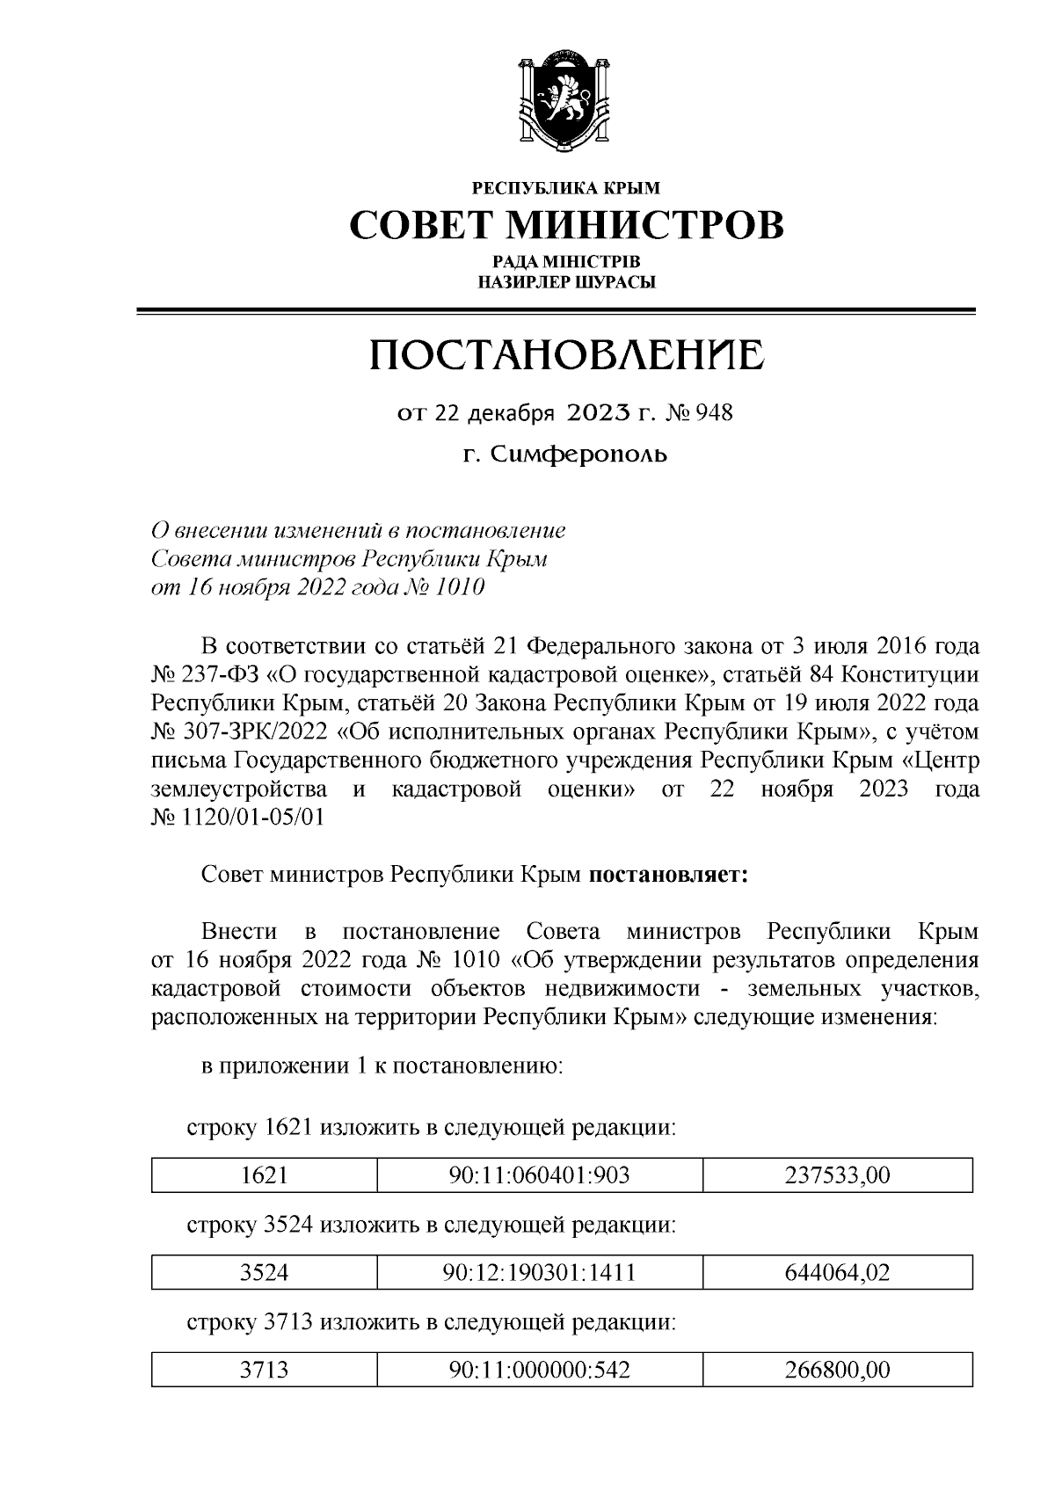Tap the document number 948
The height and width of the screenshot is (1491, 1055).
[714, 412]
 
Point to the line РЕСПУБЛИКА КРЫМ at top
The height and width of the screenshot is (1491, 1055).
[566, 187]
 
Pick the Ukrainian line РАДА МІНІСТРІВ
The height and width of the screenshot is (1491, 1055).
[566, 262]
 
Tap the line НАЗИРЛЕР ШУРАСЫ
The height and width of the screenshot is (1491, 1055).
[566, 282]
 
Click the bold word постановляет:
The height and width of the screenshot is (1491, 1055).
[667, 876]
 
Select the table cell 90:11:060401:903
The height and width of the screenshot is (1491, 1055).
[539, 1175]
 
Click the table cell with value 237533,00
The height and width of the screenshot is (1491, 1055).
[837, 1175]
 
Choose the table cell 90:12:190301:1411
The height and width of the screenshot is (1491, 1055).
[539, 1272]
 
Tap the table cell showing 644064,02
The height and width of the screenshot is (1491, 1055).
[837, 1272]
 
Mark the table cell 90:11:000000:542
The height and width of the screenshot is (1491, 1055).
[539, 1369]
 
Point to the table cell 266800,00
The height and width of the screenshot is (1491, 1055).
[837, 1369]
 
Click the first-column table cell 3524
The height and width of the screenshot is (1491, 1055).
[265, 1272]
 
